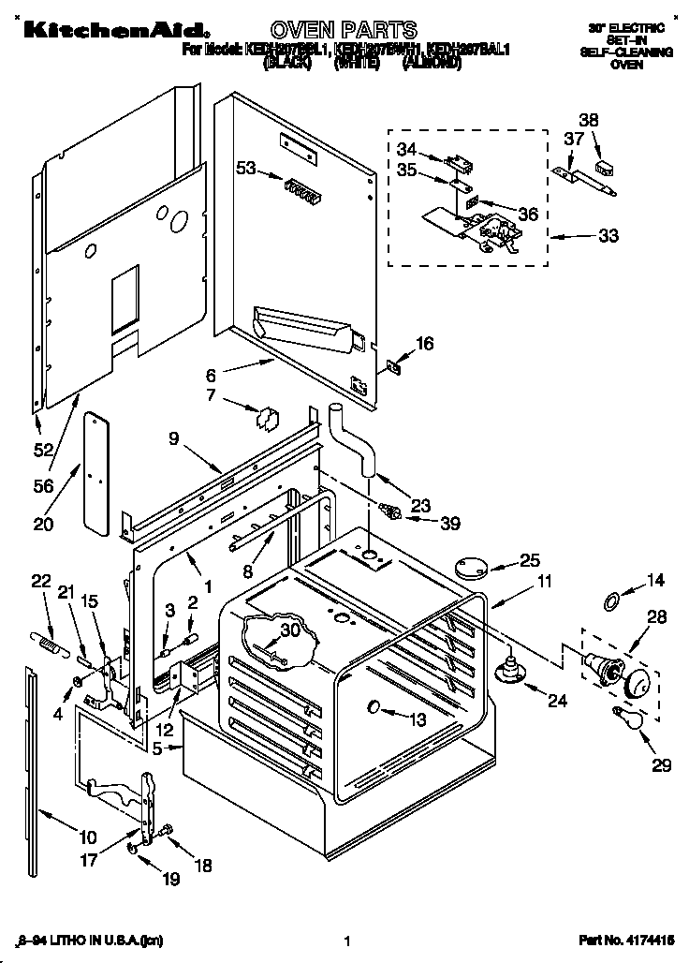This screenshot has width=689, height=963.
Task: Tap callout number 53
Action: click(x=246, y=169)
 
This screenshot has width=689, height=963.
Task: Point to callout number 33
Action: click(x=608, y=236)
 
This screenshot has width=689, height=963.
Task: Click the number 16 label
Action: click(x=425, y=344)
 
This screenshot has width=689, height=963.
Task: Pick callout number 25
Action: click(x=530, y=560)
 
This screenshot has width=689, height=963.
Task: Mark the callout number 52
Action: click(x=42, y=450)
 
